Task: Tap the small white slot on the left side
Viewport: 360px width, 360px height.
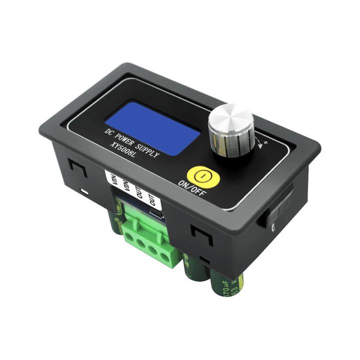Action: point(85,191)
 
